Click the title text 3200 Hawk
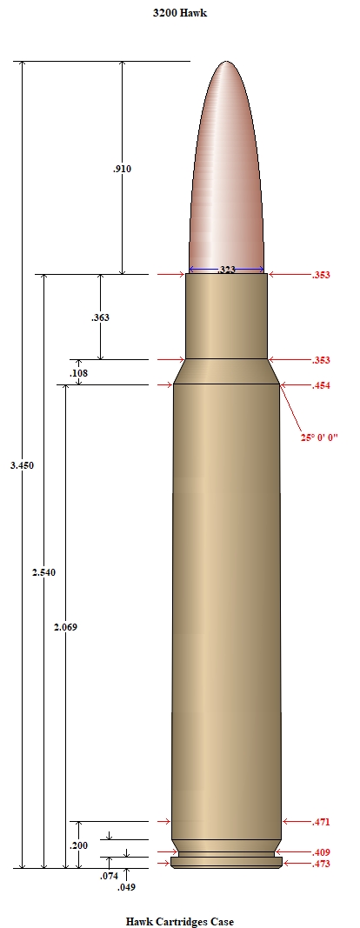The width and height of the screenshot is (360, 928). (x=180, y=12)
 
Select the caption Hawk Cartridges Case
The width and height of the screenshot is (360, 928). (x=180, y=922)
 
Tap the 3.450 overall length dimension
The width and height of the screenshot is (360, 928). (x=22, y=465)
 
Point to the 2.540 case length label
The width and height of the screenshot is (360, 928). (x=43, y=572)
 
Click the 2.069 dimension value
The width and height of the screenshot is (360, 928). (x=65, y=627)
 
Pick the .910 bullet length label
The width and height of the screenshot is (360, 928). (x=122, y=169)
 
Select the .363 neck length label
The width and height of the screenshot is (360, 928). (x=100, y=317)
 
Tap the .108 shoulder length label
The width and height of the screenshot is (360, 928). (x=79, y=373)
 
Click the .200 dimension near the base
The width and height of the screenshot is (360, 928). (x=79, y=845)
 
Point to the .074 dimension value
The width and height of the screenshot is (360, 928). (x=109, y=876)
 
